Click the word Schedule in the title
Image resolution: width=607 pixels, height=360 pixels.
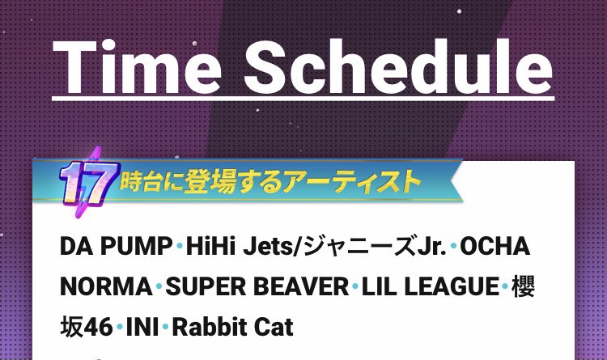click(399, 66)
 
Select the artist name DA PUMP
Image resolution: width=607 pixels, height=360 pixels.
click(116, 246)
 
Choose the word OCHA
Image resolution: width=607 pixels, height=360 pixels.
click(495, 246)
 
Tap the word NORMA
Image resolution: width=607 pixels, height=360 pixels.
click(106, 286)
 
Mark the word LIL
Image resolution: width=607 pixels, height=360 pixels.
click(379, 286)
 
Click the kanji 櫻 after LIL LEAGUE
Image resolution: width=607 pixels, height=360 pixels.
click(523, 286)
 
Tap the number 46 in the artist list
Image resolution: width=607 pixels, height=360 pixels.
click(98, 327)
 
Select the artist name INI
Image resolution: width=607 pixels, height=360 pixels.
click(142, 327)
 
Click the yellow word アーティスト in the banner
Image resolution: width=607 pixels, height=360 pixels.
click(351, 181)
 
